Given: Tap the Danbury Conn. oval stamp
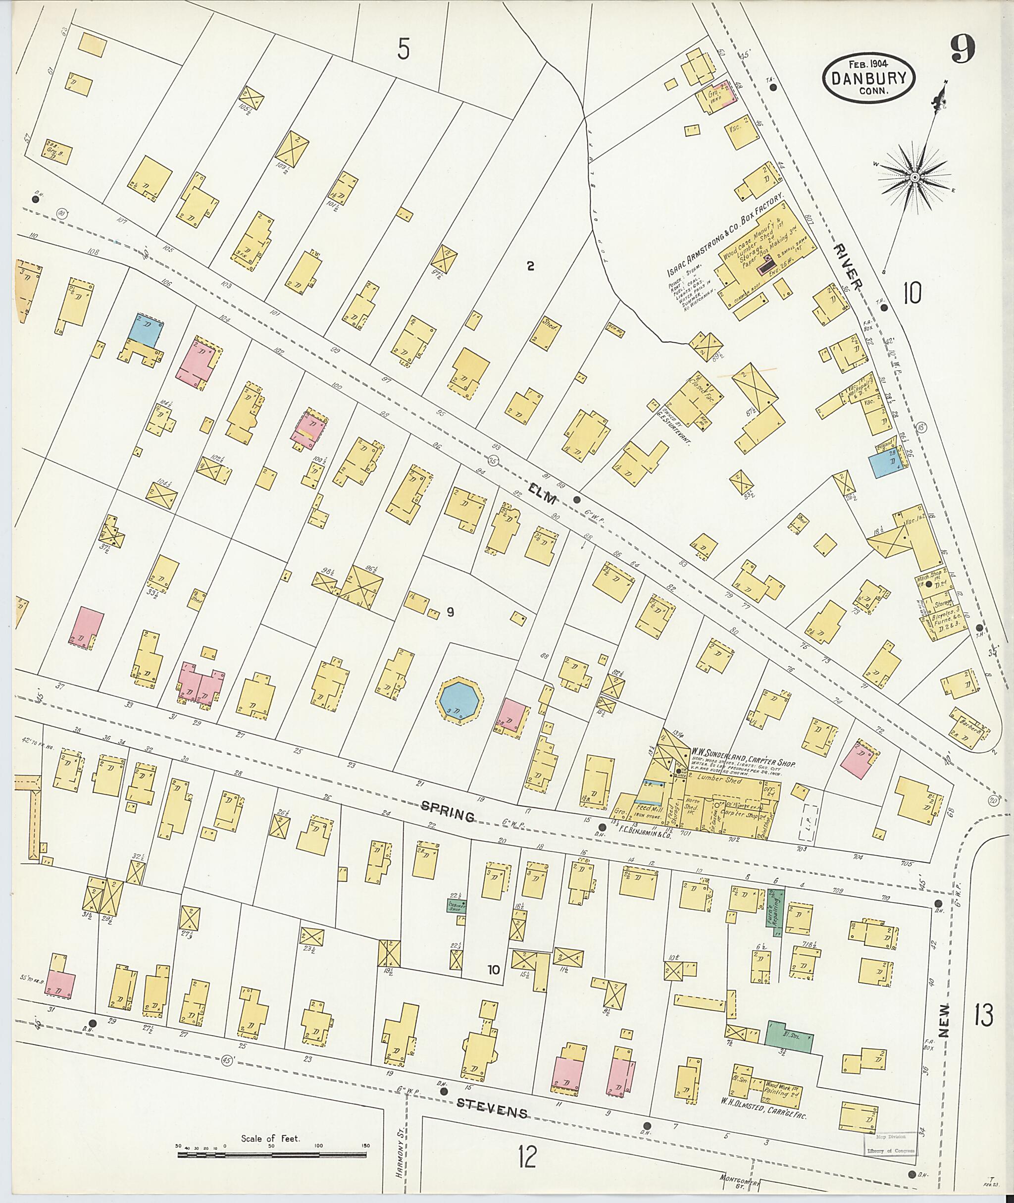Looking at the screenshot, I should tap(868, 78).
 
